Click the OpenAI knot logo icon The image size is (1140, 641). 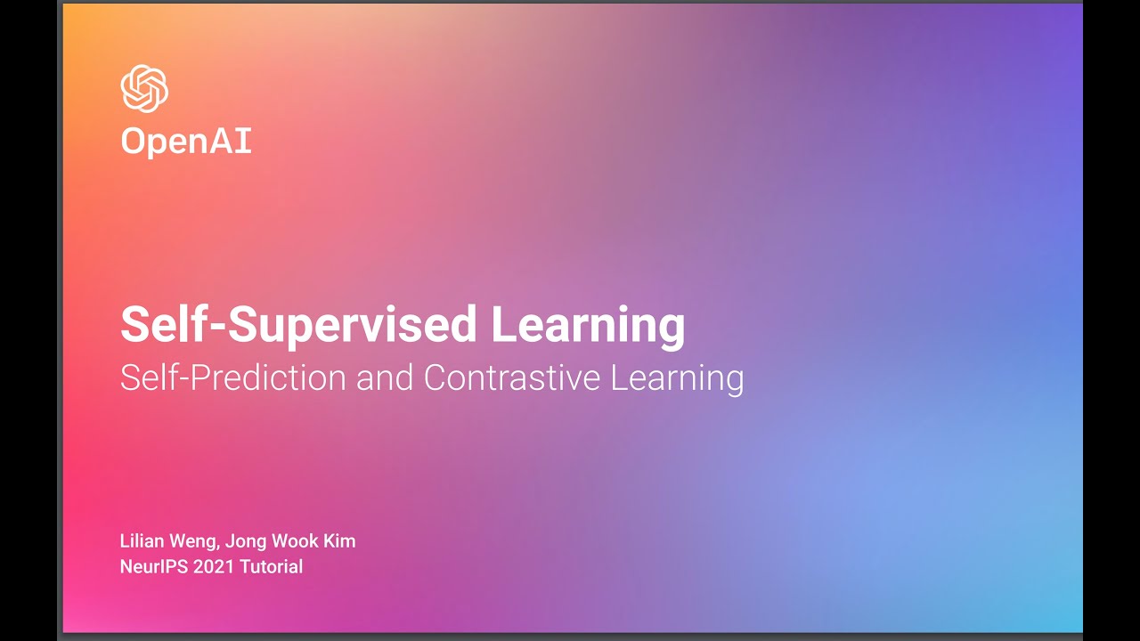[x=144, y=89]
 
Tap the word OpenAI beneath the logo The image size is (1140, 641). [x=186, y=142]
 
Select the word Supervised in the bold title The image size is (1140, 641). [x=354, y=326]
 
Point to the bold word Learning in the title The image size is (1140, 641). [x=588, y=326]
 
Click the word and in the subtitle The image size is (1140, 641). [x=384, y=377]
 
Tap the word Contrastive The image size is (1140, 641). [x=512, y=377]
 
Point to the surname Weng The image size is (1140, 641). [x=195, y=542]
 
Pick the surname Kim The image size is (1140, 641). [x=339, y=541]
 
